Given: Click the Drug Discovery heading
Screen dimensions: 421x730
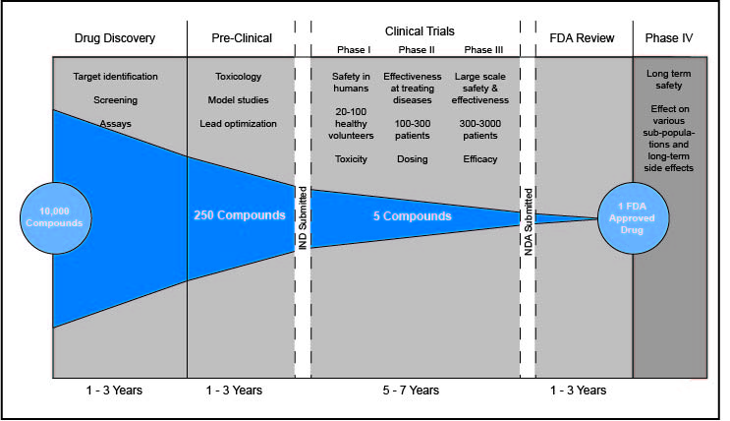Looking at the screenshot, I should click(115, 38).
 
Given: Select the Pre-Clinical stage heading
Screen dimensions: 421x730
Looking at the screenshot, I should click(243, 38).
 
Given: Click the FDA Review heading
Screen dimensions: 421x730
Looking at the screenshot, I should click(582, 38).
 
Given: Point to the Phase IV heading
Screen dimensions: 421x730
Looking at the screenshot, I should click(670, 38).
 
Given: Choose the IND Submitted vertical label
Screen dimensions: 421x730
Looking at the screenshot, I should click(303, 216).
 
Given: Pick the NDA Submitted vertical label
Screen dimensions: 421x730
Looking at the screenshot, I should click(528, 217).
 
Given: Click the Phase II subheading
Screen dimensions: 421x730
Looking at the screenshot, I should click(415, 50).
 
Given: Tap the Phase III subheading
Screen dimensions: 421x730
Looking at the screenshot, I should click(482, 50).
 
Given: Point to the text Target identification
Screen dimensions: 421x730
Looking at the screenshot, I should click(115, 76).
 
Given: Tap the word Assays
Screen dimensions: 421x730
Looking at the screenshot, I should click(115, 124).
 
